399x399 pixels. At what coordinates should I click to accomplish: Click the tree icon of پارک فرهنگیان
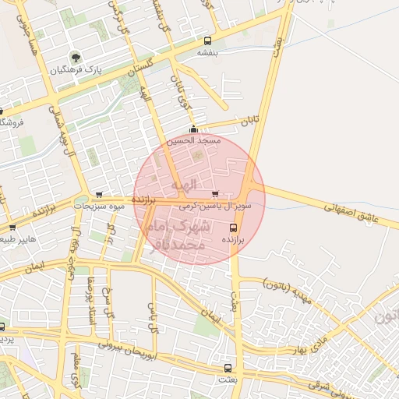76,57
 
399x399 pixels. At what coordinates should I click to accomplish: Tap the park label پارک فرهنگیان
76,70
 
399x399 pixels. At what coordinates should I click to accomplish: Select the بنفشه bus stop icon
207,41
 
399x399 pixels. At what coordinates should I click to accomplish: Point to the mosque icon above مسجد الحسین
193,129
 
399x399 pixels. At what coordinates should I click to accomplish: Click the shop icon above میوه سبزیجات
98,195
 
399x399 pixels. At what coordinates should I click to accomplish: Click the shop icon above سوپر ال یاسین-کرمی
215,194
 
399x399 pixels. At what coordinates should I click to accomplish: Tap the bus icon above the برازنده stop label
234,228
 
